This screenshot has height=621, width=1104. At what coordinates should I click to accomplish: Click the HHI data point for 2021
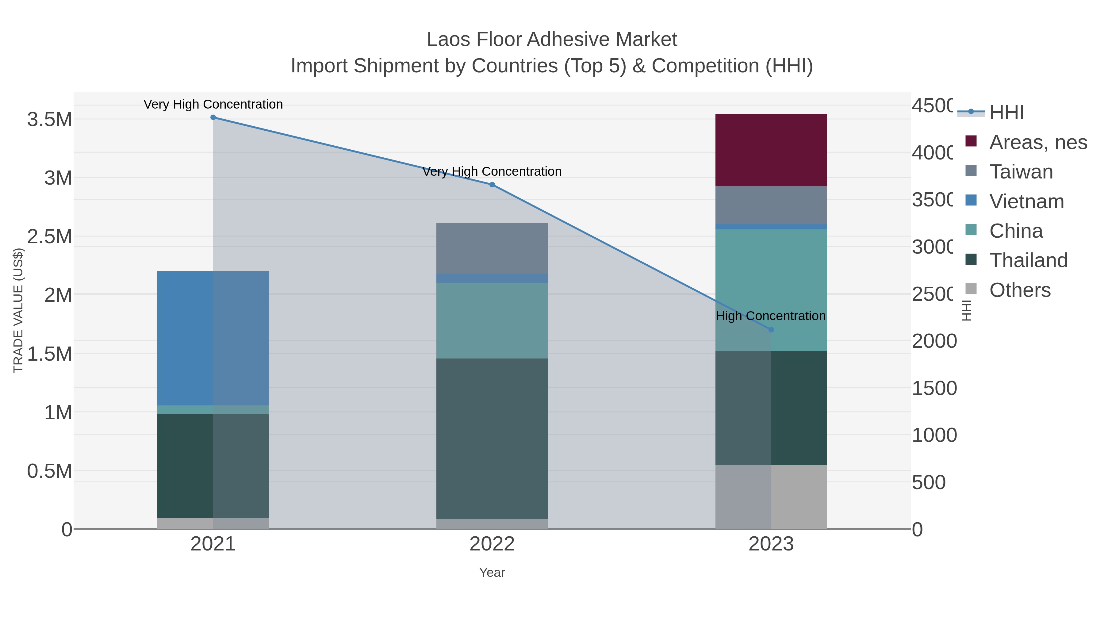pyautogui.click(x=213, y=117)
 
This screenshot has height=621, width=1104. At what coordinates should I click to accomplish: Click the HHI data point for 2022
pyautogui.click(x=492, y=185)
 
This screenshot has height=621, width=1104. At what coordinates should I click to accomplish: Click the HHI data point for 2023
pyautogui.click(x=771, y=330)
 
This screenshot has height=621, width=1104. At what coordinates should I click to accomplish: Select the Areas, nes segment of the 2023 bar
pyautogui.click(x=771, y=150)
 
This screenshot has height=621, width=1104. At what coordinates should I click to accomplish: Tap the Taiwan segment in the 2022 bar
pyautogui.click(x=492, y=249)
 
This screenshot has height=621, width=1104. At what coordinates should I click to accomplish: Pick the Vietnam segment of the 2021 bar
pyautogui.click(x=213, y=339)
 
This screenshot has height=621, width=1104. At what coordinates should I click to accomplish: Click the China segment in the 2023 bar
pyautogui.click(x=771, y=290)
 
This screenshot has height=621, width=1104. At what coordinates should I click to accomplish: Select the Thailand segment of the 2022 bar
pyautogui.click(x=492, y=439)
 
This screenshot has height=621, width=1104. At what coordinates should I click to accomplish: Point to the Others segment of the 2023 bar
pyautogui.click(x=771, y=497)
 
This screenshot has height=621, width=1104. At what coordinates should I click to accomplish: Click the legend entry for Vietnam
pyautogui.click(x=1026, y=201)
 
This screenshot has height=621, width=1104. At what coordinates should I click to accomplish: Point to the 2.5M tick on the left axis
pyautogui.click(x=50, y=236)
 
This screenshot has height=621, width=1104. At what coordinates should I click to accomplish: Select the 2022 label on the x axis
pyautogui.click(x=492, y=544)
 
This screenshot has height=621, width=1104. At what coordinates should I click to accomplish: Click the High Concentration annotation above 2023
pyautogui.click(x=771, y=316)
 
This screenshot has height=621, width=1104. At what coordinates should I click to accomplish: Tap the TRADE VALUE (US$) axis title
pyautogui.click(x=18, y=310)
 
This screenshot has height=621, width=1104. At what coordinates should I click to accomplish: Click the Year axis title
pyautogui.click(x=492, y=573)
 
